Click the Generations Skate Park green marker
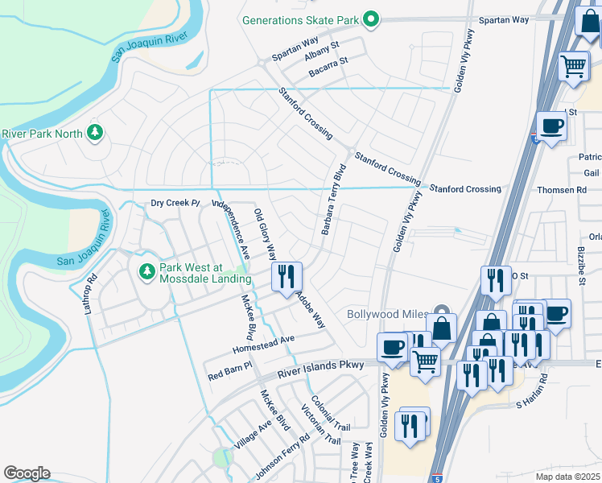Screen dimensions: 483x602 pos(370,18)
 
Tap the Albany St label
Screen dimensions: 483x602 pos(323,51)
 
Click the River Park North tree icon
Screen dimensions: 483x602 pos(95,132)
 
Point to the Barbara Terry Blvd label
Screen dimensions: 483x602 pos(333,200)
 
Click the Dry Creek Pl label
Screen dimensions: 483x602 pos(175,203)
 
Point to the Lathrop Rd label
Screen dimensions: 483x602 pos(92,294)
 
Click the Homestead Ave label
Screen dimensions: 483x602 pos(264,345)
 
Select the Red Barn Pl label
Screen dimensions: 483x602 pos(230,371)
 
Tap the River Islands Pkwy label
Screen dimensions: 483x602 pos(321,369)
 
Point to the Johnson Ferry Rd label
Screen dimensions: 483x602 pos(282,456)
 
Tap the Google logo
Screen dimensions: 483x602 pos(27,473)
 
